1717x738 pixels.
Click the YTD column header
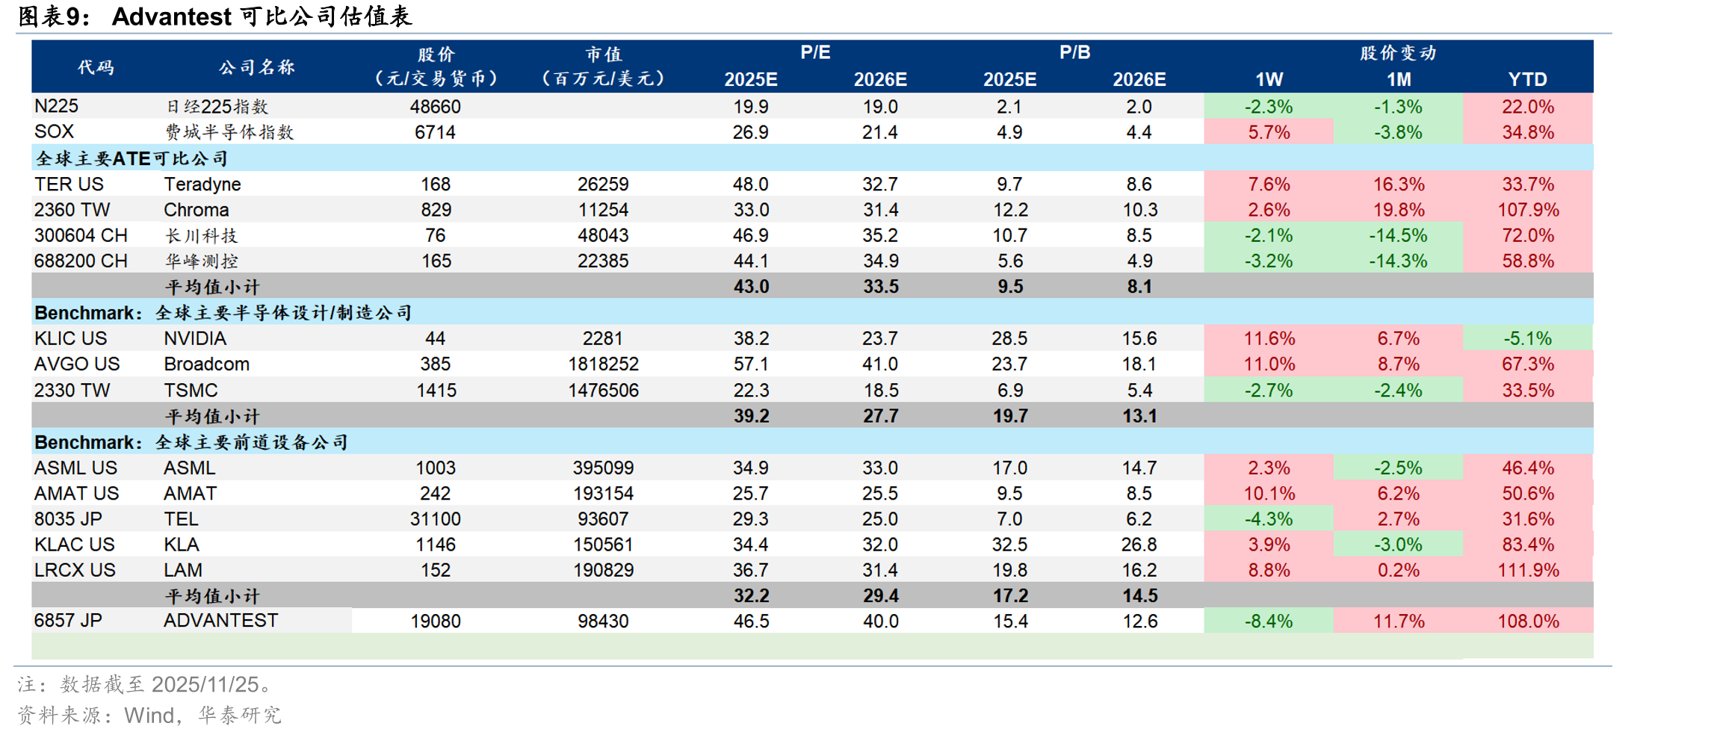(x=1527, y=79)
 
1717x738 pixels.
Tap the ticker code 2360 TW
(x=72, y=210)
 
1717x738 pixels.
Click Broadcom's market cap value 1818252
(x=603, y=364)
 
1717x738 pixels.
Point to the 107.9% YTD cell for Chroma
(x=1528, y=210)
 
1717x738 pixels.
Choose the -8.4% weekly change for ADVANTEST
(x=1269, y=621)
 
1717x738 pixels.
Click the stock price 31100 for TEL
(x=436, y=518)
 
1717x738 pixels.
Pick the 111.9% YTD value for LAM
(x=1528, y=570)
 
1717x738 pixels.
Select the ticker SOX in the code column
(x=54, y=131)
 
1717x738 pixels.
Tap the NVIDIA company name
(x=195, y=338)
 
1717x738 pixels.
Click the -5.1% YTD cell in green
(x=1528, y=338)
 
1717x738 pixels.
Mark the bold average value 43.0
(x=751, y=286)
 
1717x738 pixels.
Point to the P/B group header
(x=1074, y=52)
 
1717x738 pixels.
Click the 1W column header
(x=1269, y=79)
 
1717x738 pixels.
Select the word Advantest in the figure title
(x=171, y=16)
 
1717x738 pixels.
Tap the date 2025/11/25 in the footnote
(x=205, y=684)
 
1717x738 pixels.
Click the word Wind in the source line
(x=149, y=715)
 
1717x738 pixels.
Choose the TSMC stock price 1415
(x=436, y=390)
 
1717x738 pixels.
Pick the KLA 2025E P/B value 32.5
(x=1009, y=545)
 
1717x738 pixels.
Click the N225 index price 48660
(x=436, y=106)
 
